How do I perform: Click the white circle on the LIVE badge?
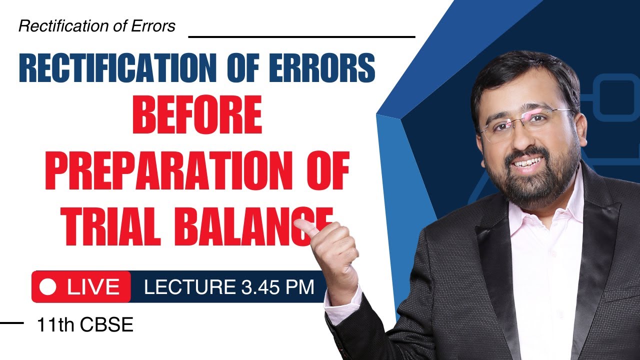pyautogui.click(x=48, y=287)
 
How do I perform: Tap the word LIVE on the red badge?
pyautogui.click(x=93, y=287)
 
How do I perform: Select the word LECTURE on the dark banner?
pyautogui.click(x=189, y=287)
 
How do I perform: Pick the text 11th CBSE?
pyautogui.click(x=85, y=325)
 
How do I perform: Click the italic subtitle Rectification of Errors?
pyautogui.click(x=97, y=26)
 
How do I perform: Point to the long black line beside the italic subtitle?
pyautogui.click(x=301, y=36)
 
